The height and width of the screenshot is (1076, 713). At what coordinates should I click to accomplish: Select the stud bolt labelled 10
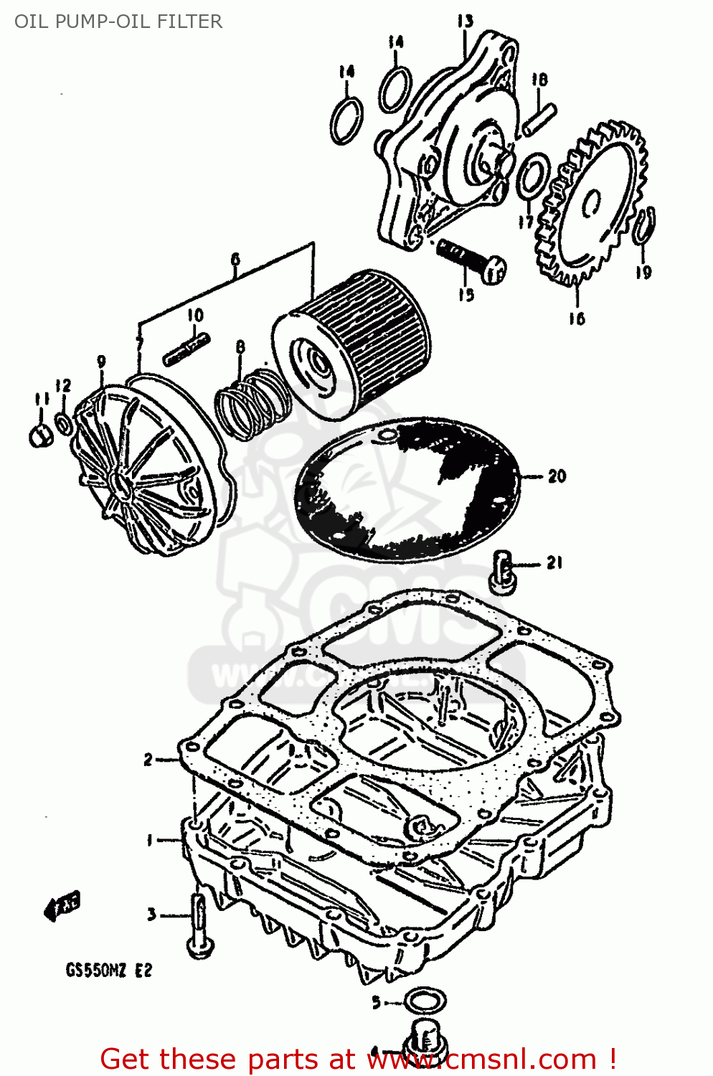pos(186,349)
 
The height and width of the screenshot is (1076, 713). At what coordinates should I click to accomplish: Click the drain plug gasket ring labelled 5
pos(425,1000)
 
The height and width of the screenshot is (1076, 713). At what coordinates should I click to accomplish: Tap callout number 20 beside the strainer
pos(557,476)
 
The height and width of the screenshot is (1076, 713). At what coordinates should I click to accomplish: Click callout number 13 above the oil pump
pos(466,21)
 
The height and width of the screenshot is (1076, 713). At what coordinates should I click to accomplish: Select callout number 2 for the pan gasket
pos(148,759)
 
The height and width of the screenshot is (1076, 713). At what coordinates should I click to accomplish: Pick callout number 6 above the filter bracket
pos(235,260)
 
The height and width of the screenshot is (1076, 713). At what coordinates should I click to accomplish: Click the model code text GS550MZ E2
pos(109,971)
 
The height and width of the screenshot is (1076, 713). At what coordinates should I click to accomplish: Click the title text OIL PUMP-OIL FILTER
pos(118,22)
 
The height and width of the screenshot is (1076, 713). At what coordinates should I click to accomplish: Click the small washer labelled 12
pos(64,424)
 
